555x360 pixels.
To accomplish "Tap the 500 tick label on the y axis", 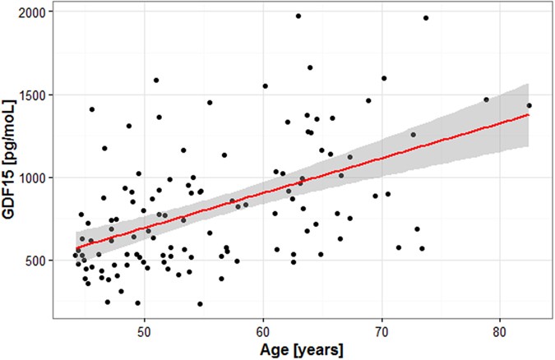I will [x=35, y=261].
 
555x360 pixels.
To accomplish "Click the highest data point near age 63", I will [x=298, y=16].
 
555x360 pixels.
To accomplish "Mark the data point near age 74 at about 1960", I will [x=426, y=18].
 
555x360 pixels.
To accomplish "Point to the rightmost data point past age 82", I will [x=530, y=105].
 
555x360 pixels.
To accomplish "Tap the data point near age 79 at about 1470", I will [x=486, y=99].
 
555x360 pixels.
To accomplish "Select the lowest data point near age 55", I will [x=200, y=304].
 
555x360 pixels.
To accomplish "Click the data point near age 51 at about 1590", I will [x=156, y=81].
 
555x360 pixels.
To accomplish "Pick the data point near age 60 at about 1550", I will [x=265, y=85].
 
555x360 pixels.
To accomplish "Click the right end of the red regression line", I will [x=529, y=114].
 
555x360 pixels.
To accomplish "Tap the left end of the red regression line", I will [x=76, y=248].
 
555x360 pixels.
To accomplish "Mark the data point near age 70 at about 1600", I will [x=384, y=79].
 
